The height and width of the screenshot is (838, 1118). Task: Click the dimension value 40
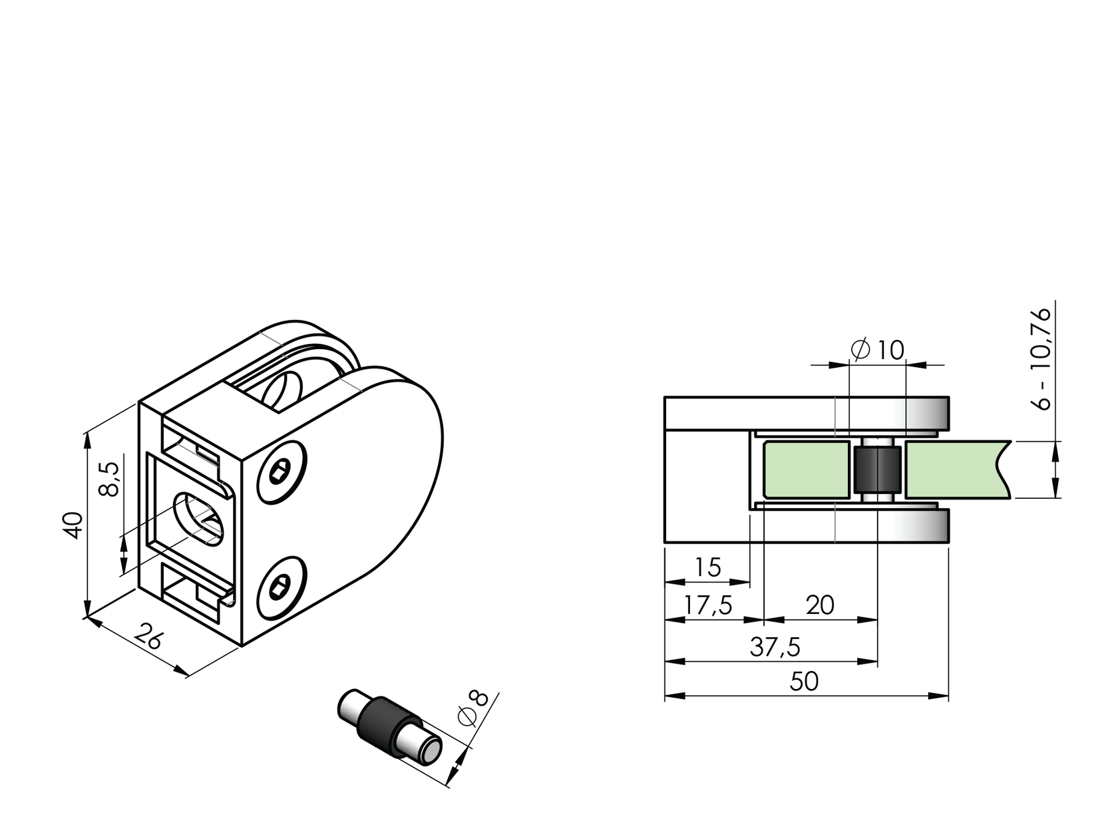pyautogui.click(x=73, y=525)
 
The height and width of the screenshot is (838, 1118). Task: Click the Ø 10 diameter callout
pyautogui.click(x=878, y=350)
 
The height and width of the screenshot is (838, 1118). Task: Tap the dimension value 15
pyautogui.click(x=707, y=568)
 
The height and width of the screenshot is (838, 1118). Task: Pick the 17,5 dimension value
pyautogui.click(x=708, y=606)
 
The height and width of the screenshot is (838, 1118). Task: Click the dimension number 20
pyautogui.click(x=820, y=606)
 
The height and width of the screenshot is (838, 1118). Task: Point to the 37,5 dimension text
pyautogui.click(x=775, y=647)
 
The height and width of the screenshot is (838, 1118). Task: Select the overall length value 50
pyautogui.click(x=804, y=682)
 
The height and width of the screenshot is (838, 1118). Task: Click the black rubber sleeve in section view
pyautogui.click(x=877, y=470)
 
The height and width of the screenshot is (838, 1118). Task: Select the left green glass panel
pyautogui.click(x=807, y=470)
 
